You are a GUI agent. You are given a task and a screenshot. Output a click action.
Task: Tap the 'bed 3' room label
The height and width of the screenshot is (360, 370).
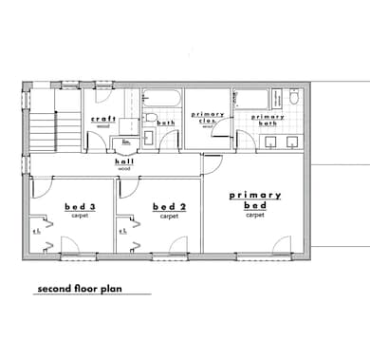[80, 207]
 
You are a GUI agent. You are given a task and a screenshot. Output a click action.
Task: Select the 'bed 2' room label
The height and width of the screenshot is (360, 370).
[168, 207]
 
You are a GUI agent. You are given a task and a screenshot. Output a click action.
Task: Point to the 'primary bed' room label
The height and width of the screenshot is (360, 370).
[254, 199]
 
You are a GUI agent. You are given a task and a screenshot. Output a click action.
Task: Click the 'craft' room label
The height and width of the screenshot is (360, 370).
[103, 119]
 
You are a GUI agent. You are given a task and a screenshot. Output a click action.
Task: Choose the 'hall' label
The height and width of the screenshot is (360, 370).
[123, 162]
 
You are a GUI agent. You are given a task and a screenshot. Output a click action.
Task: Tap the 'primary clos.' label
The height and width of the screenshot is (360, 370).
[210, 117]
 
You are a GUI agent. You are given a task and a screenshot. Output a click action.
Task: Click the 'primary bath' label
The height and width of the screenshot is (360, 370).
[268, 119]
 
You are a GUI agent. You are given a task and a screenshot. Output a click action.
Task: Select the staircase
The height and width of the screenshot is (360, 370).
[45, 127]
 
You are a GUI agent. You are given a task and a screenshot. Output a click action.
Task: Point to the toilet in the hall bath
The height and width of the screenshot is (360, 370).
[150, 117]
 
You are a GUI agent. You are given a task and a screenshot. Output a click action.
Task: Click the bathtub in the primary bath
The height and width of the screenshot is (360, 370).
[251, 99]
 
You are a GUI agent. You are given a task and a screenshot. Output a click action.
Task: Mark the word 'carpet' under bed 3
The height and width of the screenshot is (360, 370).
[80, 216]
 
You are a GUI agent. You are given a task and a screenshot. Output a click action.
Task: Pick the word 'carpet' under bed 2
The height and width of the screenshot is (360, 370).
[169, 216]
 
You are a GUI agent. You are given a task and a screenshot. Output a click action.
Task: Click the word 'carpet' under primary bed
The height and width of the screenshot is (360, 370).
[254, 215]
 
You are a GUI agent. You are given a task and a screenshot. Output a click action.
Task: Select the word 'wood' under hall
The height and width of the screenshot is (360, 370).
[123, 169]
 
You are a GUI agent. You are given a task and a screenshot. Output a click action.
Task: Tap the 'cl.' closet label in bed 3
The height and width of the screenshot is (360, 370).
[36, 230]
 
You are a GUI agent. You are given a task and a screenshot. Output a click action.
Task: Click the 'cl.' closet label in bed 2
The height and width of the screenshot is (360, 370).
[123, 230]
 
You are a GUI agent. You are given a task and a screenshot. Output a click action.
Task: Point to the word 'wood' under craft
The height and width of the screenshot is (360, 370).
[103, 125]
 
